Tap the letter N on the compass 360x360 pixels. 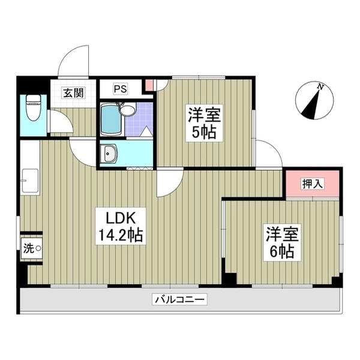tap(321, 87)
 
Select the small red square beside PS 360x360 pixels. tap(148, 86)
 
